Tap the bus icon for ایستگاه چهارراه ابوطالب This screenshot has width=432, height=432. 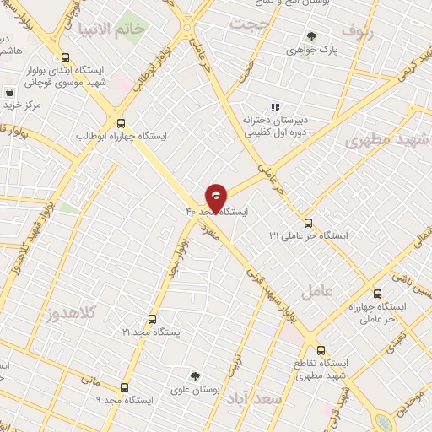tap(121, 122)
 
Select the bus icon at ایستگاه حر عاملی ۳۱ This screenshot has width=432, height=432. tap(307, 224)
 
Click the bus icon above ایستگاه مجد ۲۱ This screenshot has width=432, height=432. tap(152, 320)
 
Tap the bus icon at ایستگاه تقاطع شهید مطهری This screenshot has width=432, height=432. tap(320, 350)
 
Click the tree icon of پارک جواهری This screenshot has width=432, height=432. tap(312, 37)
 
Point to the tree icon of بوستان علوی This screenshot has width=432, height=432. tap(196, 376)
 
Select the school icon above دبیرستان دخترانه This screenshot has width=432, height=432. tap(273, 107)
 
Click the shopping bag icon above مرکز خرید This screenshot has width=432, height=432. tap(9, 93)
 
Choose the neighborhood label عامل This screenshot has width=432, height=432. tap(340, 289)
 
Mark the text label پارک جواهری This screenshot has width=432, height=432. tap(334, 51)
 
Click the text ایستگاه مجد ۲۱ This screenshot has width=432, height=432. tap(152, 333)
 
